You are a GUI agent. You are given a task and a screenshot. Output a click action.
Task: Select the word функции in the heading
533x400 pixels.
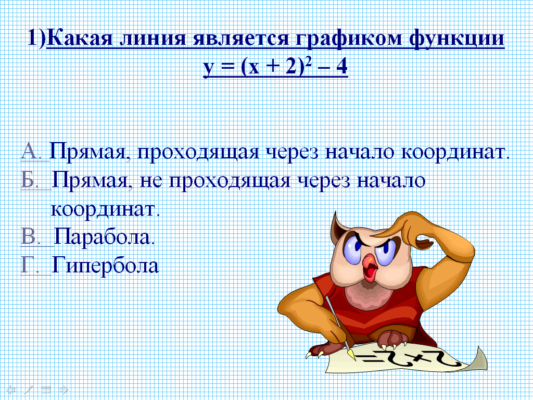coord(457,38)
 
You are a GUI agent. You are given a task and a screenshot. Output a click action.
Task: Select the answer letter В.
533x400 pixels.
coord(30,236)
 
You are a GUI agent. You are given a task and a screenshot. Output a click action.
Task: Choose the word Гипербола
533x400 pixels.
coord(105,265)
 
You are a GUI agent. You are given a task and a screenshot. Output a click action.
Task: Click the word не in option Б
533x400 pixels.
coord(150,181)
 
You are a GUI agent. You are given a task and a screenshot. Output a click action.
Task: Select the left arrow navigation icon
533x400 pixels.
coord(11,389)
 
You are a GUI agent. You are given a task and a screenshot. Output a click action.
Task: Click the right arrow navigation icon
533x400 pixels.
coord(64,390)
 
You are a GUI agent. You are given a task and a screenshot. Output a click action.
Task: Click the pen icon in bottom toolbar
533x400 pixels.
coord(29,389)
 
